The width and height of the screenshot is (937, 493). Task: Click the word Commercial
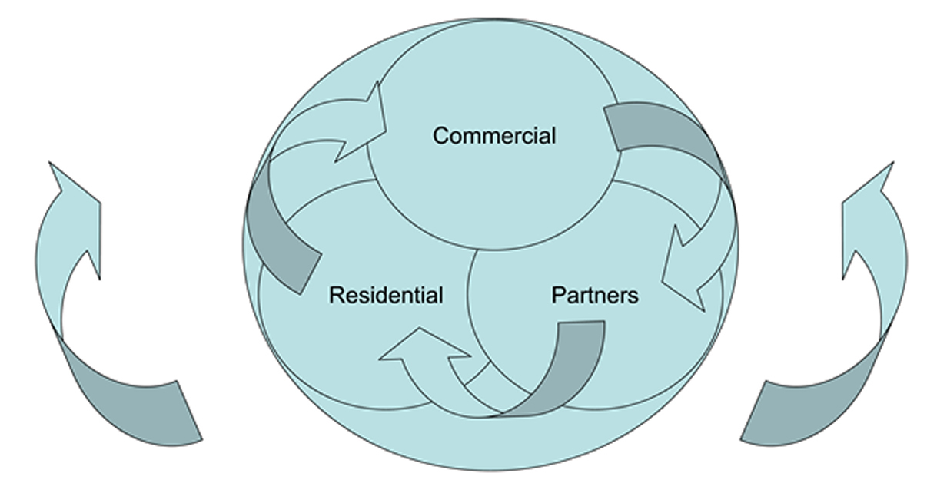coord(493,136)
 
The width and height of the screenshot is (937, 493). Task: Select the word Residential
coord(386,295)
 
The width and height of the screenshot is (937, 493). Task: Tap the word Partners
coord(595,295)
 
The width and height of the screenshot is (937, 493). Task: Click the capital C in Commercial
coord(440,136)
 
